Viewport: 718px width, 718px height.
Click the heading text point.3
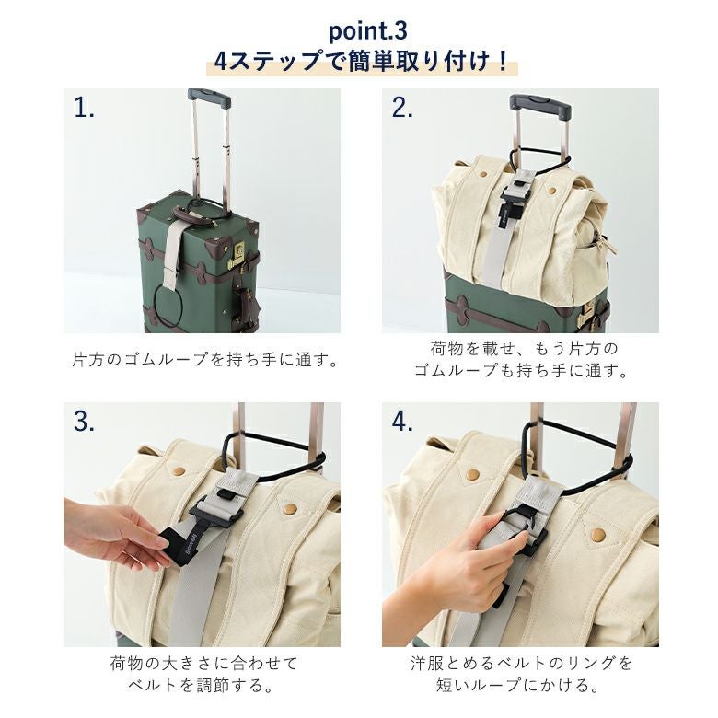(368, 32)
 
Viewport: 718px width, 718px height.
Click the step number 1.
(85, 109)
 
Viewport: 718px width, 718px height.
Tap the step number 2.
(402, 109)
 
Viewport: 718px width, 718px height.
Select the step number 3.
(85, 422)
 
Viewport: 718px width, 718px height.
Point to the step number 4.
(402, 422)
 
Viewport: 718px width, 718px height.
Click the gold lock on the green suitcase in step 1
(238, 254)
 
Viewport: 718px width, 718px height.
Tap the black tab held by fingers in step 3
(179, 545)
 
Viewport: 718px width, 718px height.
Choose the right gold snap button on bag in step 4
(597, 534)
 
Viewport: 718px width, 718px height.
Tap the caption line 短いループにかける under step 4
(518, 685)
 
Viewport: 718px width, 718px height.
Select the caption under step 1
(205, 359)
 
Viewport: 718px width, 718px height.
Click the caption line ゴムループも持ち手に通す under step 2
(521, 370)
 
